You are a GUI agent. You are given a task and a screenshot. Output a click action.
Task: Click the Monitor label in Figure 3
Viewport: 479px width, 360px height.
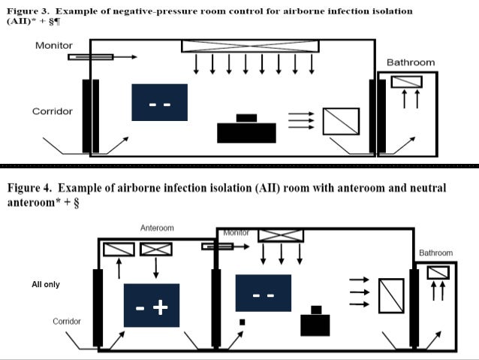tap(54, 46)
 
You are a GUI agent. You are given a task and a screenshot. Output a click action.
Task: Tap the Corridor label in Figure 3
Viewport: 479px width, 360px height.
tap(53, 111)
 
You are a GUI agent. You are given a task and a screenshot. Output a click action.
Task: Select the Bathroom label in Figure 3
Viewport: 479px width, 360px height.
tap(411, 62)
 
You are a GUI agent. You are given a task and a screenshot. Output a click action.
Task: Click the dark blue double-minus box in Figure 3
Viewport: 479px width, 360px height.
tap(159, 102)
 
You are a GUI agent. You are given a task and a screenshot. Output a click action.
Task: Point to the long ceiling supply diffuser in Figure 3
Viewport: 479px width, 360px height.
tap(250, 46)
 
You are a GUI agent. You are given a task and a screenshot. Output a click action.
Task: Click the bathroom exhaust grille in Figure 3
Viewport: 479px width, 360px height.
tap(407, 82)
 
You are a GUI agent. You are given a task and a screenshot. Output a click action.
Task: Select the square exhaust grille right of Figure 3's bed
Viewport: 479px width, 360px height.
tap(341, 122)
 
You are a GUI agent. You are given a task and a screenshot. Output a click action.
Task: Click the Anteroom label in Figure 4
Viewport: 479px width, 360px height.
tap(157, 228)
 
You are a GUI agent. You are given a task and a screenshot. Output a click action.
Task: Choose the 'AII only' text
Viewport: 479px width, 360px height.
tap(46, 284)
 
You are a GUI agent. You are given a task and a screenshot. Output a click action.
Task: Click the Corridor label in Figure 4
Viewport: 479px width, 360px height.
tap(67, 322)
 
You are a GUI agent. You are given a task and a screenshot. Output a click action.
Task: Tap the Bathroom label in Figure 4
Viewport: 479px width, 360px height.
tap(435, 253)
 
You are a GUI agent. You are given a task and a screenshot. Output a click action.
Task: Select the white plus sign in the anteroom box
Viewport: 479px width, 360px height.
tap(161, 307)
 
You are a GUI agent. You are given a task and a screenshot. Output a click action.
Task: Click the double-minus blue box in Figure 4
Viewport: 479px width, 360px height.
tap(264, 293)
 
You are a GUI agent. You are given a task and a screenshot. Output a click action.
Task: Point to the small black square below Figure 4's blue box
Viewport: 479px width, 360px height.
tap(243, 322)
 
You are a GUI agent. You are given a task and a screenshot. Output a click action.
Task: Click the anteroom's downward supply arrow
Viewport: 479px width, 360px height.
tap(156, 268)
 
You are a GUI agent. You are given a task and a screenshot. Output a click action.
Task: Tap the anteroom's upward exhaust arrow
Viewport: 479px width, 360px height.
tap(119, 268)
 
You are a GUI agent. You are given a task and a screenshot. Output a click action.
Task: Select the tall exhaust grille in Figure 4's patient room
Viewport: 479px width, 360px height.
tap(391, 296)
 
